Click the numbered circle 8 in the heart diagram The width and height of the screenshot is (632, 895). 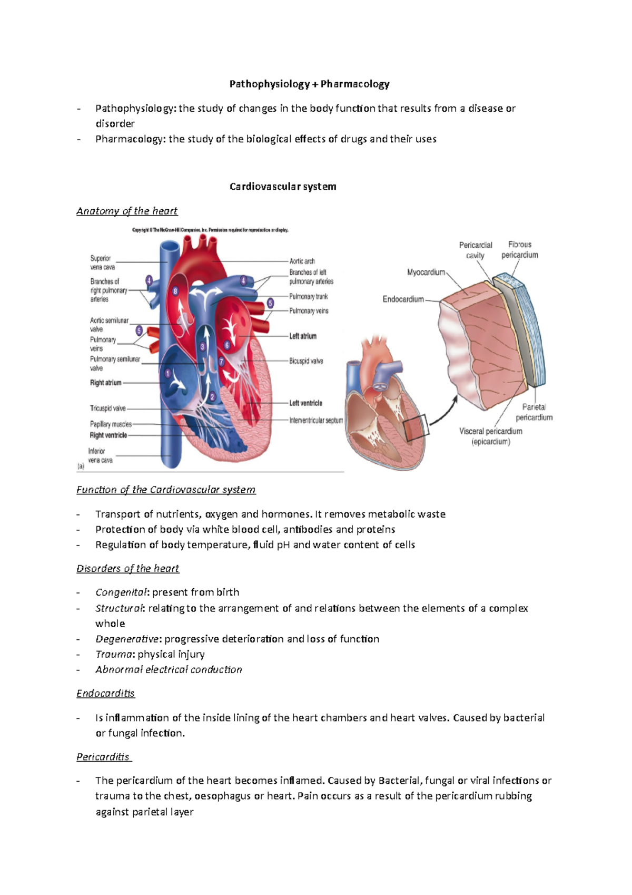(175, 291)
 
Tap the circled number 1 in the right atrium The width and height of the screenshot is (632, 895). (168, 374)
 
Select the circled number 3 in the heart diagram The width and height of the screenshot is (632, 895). (203, 347)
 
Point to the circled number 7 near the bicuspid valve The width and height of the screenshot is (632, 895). (221, 362)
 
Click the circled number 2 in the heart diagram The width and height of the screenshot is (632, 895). (212, 397)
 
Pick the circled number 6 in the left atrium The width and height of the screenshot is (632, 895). (227, 345)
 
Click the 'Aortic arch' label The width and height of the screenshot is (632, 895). (302, 261)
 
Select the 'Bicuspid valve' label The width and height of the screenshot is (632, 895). (306, 361)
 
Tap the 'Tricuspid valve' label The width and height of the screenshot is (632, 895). (108, 408)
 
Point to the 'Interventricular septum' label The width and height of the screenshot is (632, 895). (316, 421)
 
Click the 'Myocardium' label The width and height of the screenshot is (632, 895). (426, 273)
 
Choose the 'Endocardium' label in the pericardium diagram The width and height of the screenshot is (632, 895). (403, 299)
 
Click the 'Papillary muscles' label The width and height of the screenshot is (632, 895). (111, 424)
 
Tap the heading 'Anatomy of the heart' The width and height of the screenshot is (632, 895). (127, 211)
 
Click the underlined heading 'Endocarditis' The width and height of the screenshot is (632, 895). (105, 694)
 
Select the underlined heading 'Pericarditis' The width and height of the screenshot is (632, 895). (103, 757)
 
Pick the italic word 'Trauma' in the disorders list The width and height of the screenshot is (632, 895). (113, 654)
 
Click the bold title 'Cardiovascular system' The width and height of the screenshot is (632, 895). (283, 187)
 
